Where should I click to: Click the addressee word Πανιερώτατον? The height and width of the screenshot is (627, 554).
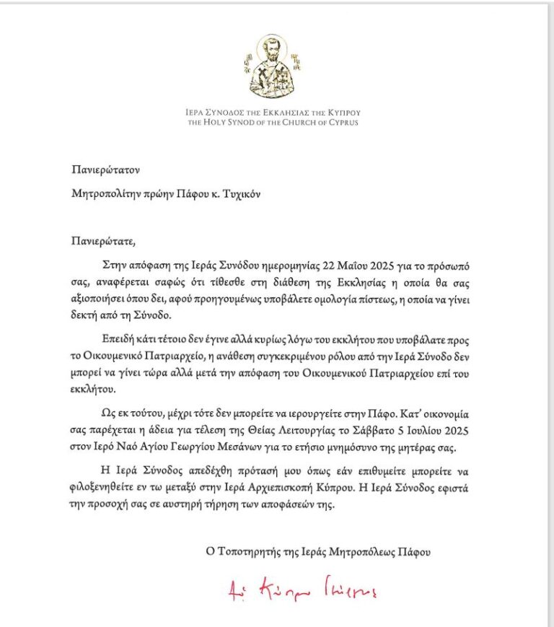coord(105,170)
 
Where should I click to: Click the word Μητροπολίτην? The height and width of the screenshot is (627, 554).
coord(107,193)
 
